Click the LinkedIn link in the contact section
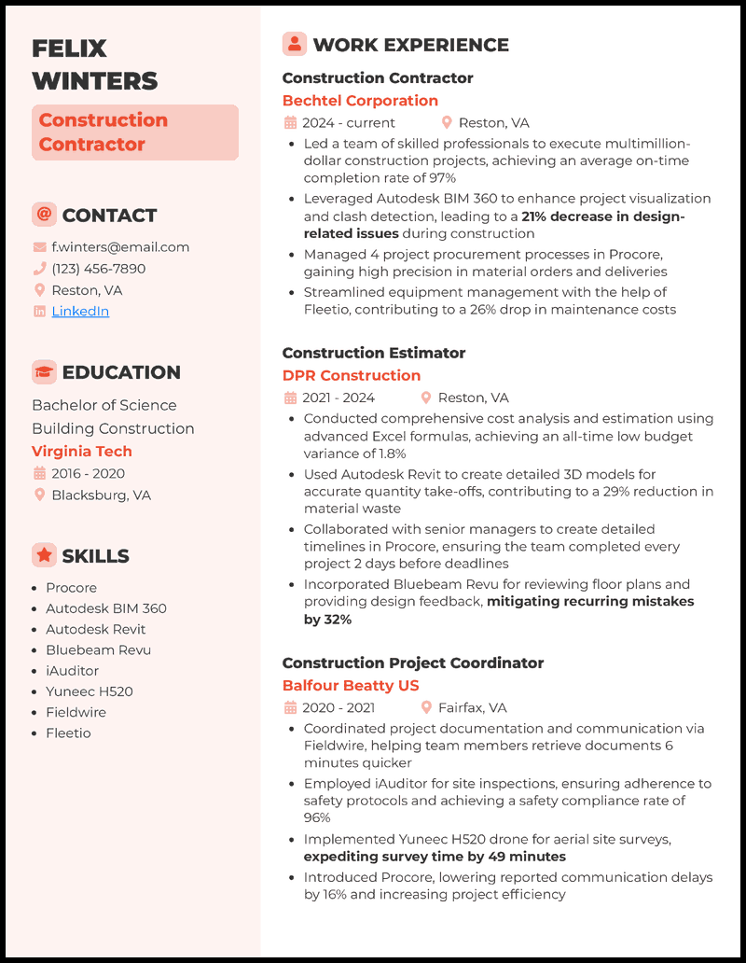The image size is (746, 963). point(80,312)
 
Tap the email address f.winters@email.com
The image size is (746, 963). point(120,247)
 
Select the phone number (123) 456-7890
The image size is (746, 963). point(99,269)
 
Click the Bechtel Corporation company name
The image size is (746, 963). point(360,101)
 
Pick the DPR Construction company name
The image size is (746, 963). point(352,375)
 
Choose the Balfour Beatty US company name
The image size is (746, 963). point(351,686)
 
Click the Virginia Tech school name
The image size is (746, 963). point(82,452)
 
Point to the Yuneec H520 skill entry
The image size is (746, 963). point(90,691)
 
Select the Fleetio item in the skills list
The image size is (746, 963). point(69,733)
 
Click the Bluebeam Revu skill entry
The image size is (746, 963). point(98,650)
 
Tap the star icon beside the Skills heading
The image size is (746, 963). point(44,556)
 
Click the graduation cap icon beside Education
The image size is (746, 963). point(44,372)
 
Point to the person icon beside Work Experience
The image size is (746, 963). point(295,44)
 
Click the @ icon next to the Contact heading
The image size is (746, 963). point(44,215)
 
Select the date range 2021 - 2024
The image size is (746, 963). point(338,398)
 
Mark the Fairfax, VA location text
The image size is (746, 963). point(473,708)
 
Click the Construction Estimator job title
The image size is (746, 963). point(374,353)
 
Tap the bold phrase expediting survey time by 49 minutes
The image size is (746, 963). point(435,857)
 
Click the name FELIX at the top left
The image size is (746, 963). point(70,49)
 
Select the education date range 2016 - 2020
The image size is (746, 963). point(88,473)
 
